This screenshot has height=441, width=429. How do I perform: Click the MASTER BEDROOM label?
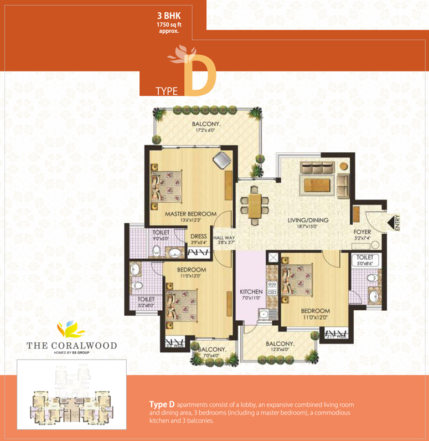coord(190,214)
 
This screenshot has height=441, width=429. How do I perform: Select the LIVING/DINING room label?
coord(308,220)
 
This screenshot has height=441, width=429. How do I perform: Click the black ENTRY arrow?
coord(396,223)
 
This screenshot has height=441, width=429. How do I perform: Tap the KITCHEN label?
coord(251,291)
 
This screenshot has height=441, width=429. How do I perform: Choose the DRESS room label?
coord(198,237)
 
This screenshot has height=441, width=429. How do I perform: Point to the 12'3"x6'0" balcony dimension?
coord(281,350)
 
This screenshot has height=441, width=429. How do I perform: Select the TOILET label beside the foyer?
coord(364,258)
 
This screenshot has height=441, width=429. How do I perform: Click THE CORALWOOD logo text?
coord(72,345)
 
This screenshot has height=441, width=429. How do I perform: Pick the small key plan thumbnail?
coord(71,394)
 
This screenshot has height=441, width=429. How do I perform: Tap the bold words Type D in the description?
coord(162,405)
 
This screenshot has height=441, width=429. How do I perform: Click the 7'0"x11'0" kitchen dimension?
coord(251,298)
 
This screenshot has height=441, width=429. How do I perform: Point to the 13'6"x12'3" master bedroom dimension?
coord(190,220)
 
